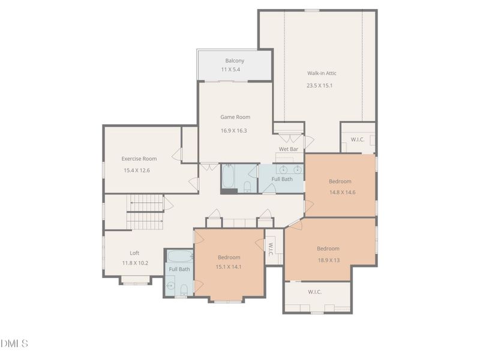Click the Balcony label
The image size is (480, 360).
235,61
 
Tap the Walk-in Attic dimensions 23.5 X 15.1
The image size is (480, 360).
319,85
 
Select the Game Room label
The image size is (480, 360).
235,117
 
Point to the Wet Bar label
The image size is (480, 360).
289,149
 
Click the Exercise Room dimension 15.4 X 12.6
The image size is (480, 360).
136,170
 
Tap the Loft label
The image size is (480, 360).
134,253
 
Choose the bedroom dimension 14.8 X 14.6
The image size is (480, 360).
340,193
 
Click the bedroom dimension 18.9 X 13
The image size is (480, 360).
328,260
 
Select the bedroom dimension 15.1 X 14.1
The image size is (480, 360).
229,267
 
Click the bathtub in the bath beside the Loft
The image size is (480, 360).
179,257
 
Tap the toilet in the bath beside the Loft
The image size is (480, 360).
184,291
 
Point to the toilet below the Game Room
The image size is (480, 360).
247,186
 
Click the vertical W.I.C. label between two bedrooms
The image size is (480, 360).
271,249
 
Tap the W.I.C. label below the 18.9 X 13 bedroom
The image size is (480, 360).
315,292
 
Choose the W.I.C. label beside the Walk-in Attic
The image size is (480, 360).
358,139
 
